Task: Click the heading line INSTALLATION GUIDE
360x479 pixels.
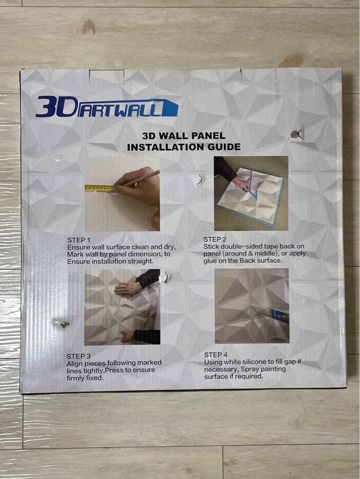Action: coord(184,147)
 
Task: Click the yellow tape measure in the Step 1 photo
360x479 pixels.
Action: coord(99,188)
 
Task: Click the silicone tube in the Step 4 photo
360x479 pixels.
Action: coord(279,315)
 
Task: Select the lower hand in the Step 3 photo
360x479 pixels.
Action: coord(127,336)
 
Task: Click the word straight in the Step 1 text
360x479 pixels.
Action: coord(141,262)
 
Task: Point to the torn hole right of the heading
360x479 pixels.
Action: coord(297,134)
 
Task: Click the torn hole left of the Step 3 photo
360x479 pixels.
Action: coord(62,323)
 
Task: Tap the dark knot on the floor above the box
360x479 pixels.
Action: coord(88,27)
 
